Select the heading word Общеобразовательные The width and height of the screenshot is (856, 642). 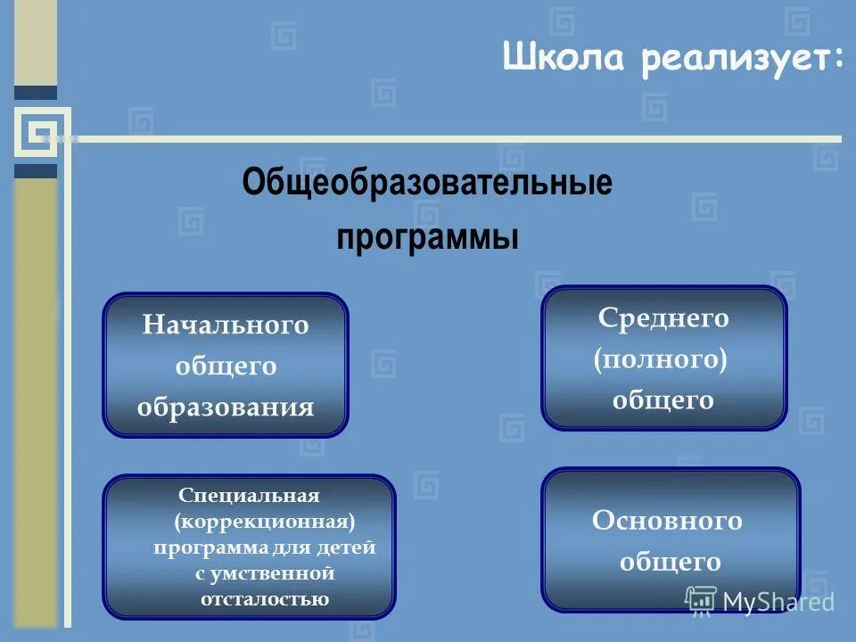point(427,184)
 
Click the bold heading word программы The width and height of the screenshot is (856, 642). point(427,238)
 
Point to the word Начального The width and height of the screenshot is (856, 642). point(226,325)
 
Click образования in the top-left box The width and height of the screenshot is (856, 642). point(226,407)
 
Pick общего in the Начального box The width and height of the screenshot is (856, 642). point(226,366)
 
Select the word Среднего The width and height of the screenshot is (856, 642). point(663,317)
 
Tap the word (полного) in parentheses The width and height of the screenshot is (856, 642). point(661,358)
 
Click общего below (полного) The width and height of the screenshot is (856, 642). point(663,399)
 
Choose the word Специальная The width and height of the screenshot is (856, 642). point(249,494)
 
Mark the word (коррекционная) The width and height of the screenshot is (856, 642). point(266,520)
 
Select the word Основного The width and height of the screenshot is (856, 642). point(667,520)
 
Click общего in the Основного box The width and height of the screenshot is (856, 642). point(670,562)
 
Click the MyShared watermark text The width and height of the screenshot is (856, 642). point(778,602)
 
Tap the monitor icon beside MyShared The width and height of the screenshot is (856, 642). point(702,602)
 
